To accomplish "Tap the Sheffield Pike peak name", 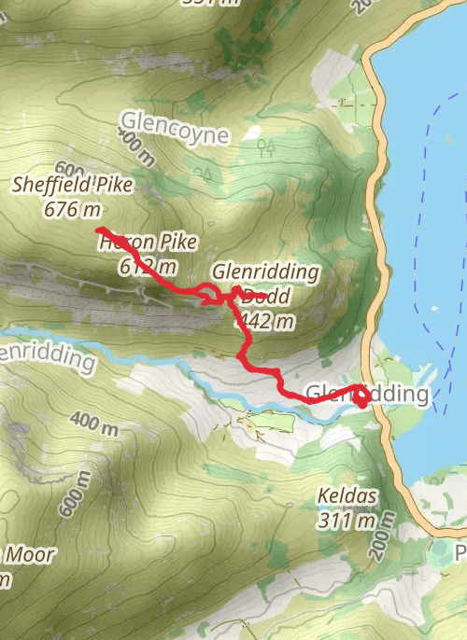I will click(x=73, y=185).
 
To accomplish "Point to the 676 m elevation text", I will click(x=73, y=207).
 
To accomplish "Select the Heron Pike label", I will click(x=149, y=243).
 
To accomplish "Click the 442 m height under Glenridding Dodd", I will click(x=265, y=321).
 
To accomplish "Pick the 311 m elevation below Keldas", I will click(x=347, y=519).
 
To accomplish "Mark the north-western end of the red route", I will click(x=98, y=230).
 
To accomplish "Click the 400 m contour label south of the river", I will click(x=94, y=426).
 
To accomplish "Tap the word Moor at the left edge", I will click(x=30, y=554).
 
